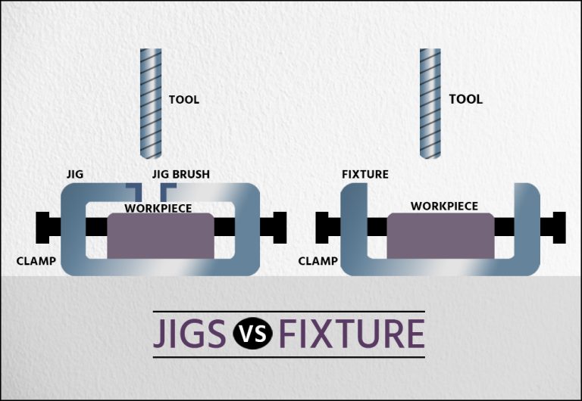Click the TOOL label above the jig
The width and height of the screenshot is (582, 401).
(183, 100)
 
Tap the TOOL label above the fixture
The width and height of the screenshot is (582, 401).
(465, 99)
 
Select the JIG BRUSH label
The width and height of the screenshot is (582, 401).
(181, 175)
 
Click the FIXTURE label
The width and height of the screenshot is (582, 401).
(365, 175)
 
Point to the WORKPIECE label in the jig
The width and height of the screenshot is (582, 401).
(158, 207)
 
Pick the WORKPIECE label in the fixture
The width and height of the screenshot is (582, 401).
(444, 206)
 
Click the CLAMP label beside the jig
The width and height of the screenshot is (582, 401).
(35, 261)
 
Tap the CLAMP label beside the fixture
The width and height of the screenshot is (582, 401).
(318, 261)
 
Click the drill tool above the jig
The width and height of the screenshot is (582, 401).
(151, 102)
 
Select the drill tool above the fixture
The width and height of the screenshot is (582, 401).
(430, 102)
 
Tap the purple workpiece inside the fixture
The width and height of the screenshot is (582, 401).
(440, 236)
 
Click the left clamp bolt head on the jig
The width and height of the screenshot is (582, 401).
(43, 225)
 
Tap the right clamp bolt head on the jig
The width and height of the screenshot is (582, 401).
(279, 226)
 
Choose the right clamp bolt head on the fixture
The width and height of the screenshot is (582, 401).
(559, 226)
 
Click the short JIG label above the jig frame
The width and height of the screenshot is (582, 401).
(74, 175)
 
